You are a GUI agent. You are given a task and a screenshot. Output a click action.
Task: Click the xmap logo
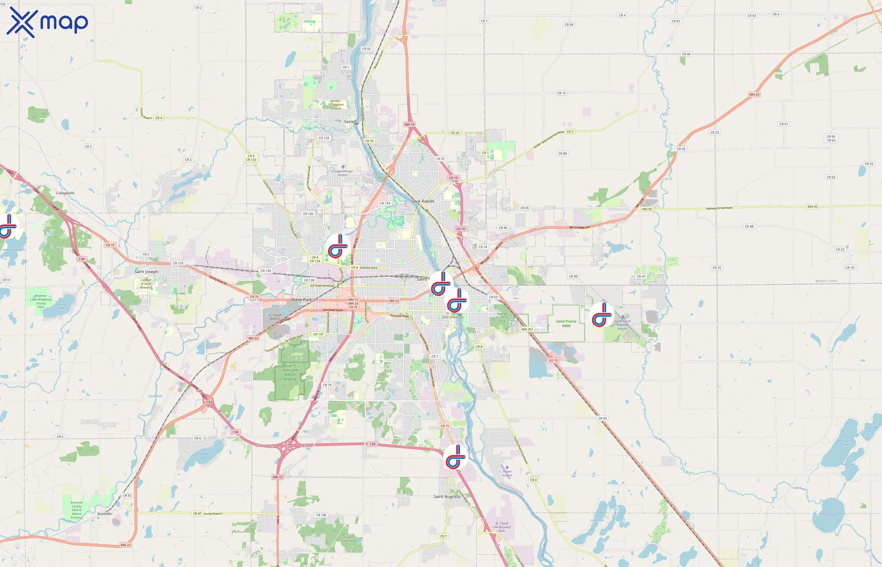point(47,22)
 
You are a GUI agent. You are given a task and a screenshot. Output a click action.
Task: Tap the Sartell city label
point(350,122)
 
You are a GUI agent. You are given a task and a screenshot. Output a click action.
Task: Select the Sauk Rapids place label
point(423,201)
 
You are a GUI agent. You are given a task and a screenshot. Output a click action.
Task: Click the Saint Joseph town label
point(146,272)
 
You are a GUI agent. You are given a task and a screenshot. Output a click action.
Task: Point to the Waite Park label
point(301,300)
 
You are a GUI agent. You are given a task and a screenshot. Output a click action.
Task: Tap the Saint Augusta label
point(447,496)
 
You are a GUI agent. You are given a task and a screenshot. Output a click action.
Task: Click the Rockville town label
point(105,514)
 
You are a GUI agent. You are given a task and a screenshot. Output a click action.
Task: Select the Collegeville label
point(65,193)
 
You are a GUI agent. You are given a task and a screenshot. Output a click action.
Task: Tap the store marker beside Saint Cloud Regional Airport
point(602,315)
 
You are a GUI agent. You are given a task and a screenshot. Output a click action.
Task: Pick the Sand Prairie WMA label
point(566,323)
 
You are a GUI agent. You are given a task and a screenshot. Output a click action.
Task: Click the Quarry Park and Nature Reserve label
point(290,372)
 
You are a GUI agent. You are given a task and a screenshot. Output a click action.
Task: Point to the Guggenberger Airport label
point(343,173)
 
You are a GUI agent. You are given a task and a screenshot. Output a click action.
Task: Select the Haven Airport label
point(507,473)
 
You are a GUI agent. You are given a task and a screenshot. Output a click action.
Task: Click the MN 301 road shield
point(527,329)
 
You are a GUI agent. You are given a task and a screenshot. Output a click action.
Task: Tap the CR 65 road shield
point(603,418)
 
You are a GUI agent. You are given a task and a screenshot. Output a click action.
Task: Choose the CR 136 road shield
point(321,515)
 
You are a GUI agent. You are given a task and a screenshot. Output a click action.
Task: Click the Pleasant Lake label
point(203,456)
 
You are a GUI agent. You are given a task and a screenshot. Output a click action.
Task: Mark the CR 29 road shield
point(455,133)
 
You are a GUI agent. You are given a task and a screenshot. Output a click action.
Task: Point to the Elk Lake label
point(831,515)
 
